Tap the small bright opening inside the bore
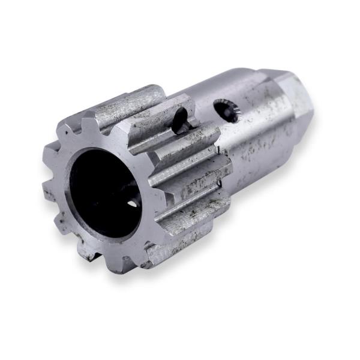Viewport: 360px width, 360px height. pyautogui.click(x=132, y=204)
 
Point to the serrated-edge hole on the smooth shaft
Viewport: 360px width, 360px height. pyautogui.click(x=226, y=111)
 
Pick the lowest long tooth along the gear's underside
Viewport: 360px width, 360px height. pyautogui.click(x=180, y=240)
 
